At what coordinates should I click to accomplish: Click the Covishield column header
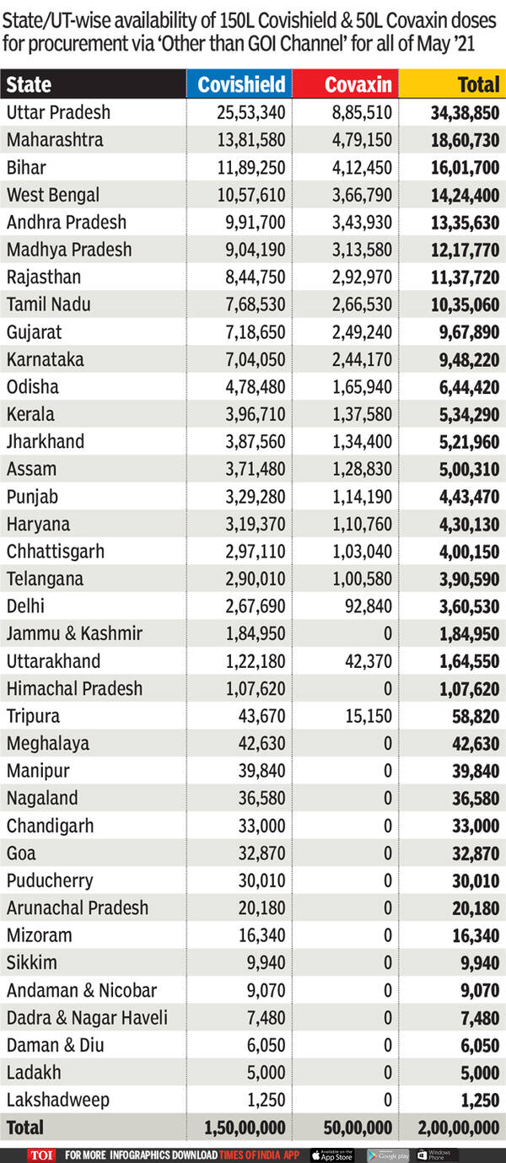241,84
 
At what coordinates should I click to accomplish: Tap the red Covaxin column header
358,84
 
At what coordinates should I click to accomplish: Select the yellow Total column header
478,84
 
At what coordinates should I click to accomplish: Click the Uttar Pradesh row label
58,112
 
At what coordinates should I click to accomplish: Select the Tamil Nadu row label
49,304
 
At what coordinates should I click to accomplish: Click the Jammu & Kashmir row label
74,633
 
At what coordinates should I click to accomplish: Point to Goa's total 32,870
476,853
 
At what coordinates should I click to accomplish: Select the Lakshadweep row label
58,1100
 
